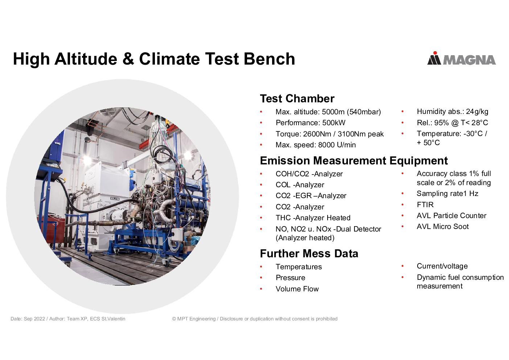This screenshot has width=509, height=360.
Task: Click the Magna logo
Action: (461, 59)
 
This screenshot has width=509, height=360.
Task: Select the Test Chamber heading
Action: (297, 99)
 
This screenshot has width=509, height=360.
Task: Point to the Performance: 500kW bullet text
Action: (311, 123)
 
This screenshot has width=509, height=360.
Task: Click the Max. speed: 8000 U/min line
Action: (316, 145)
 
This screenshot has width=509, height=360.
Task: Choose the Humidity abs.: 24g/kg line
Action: (452, 111)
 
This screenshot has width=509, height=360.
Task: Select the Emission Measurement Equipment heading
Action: (354, 160)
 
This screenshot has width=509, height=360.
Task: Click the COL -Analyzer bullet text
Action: (300, 185)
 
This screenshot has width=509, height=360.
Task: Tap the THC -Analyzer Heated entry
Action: (313, 218)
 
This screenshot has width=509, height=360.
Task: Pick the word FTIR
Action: (425, 205)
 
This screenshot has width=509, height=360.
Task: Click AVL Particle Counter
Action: (451, 216)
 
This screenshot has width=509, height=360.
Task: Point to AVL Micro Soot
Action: (443, 226)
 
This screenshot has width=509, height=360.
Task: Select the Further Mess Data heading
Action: (309, 254)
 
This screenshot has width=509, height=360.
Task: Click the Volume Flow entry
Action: (297, 289)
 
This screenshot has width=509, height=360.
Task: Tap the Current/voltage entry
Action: (442, 266)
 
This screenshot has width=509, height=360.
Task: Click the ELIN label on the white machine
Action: (115, 199)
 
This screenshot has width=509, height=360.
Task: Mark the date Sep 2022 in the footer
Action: (34, 319)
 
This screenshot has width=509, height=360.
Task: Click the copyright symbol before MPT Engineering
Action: (174, 319)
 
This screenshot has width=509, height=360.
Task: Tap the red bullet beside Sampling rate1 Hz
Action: (402, 194)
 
